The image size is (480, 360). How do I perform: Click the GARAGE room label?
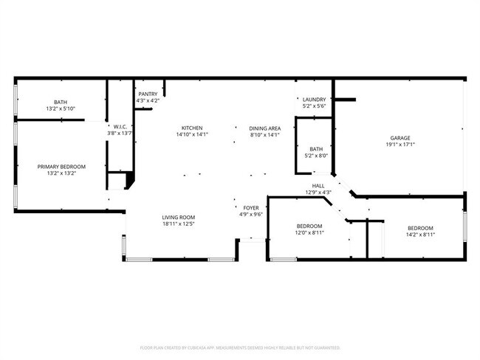pos(400,138)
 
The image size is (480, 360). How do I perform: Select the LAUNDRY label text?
pos(315,100)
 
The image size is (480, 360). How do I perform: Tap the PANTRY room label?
pos(147,94)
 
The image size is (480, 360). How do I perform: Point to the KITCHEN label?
pos(193,128)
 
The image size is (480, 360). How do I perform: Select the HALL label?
pos(318,186)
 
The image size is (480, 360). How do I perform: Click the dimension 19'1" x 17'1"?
pos(400,145)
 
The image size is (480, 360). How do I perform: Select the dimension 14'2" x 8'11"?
pos(420,235)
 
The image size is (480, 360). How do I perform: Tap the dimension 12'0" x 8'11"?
pos(309,233)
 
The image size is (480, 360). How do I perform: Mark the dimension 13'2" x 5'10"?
pos(60,109)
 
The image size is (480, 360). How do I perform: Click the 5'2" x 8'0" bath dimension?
pos(316,156)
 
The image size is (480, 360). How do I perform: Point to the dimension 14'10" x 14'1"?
pos(193,135)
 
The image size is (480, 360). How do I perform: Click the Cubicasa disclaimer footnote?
pos(240,347)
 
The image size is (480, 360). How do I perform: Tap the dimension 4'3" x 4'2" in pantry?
pos(147,101)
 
